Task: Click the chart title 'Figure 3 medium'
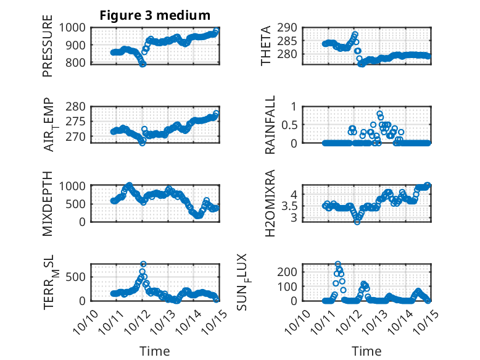pos(155,15)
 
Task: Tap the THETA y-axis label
pos(266,45)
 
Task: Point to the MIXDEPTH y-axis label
pos(48,203)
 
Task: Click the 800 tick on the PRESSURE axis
pos(78,63)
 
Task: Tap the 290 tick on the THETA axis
pos(290,27)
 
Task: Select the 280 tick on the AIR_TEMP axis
pos(78,106)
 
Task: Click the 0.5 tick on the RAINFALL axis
pos(290,124)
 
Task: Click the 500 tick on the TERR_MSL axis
pos(78,275)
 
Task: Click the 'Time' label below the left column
pos(155,351)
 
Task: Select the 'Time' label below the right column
pos(367,351)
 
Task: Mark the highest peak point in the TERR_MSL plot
pos(143,264)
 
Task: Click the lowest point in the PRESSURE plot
pos(143,63)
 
